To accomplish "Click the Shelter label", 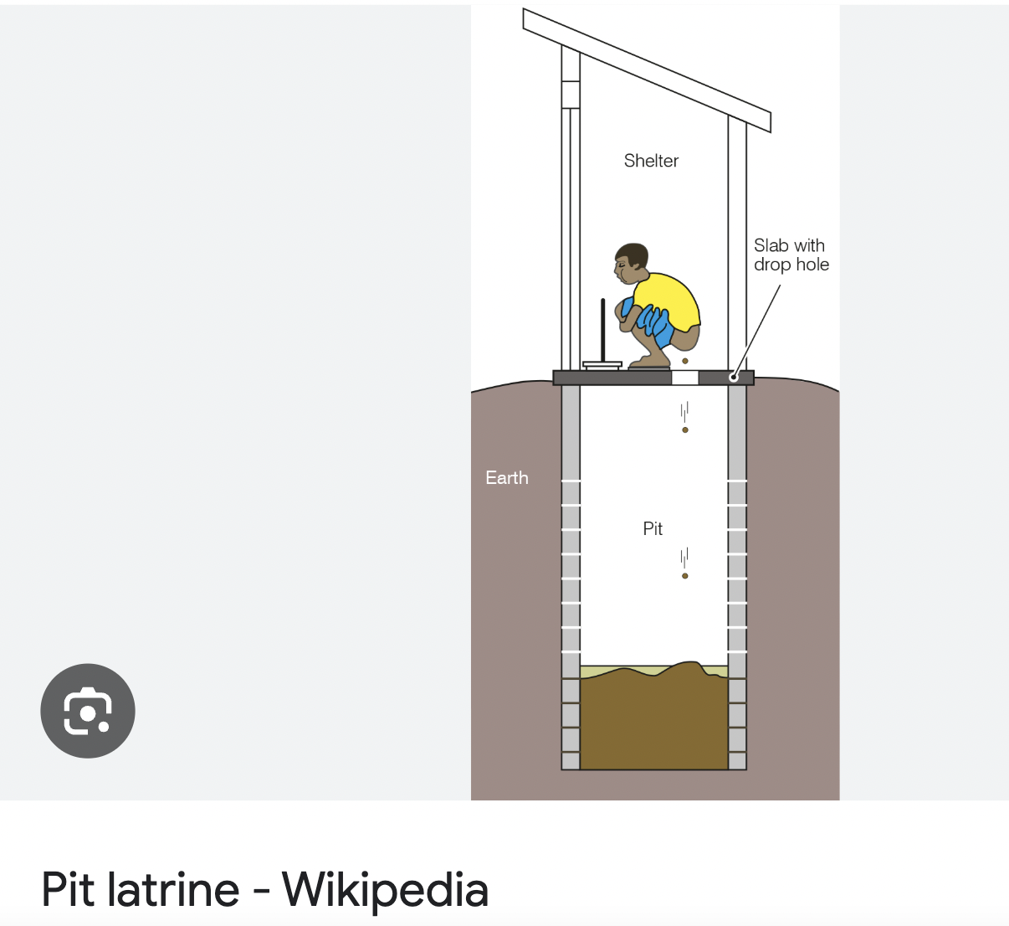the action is (x=651, y=161).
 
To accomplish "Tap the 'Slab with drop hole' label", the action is (x=791, y=255).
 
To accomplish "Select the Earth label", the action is (x=507, y=478).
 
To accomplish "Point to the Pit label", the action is (x=653, y=529).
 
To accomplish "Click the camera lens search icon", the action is (x=88, y=711).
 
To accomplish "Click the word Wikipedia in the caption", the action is (x=385, y=889).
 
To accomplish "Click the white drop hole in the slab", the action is (x=684, y=378).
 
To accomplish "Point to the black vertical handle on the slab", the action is (x=602, y=330).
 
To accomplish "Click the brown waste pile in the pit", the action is (x=653, y=720).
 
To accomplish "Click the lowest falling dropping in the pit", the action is (x=685, y=576).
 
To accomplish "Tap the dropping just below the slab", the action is (x=685, y=430).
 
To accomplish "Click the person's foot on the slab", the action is (x=649, y=363).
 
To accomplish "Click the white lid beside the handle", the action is (x=602, y=364).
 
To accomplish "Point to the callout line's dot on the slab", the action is (x=734, y=378).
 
